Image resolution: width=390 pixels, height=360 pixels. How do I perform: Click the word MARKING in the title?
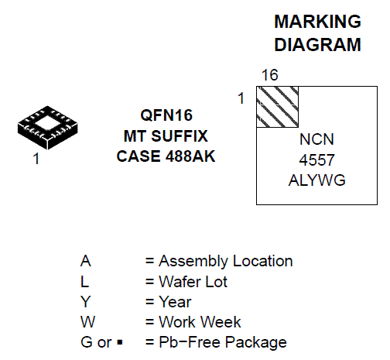pos(317,22)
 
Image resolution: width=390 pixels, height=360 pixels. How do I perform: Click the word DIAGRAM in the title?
pos(317,45)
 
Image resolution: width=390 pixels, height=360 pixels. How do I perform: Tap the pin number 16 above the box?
pos(270,75)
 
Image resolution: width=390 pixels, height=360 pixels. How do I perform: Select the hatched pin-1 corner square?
pos(278,107)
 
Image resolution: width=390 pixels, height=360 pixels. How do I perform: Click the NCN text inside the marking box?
pos(316,139)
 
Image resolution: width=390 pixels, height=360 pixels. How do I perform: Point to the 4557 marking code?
pos(316,160)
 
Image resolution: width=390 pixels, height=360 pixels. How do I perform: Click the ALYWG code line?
pos(316,180)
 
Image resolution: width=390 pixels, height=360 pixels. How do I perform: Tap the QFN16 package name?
pos(166,115)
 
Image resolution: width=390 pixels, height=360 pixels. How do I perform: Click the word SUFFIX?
pos(180,136)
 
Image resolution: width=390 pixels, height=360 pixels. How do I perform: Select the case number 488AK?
pos(190,156)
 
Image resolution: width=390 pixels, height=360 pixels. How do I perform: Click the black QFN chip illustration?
pos(48,128)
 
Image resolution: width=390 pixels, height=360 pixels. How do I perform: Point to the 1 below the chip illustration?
pos(36,159)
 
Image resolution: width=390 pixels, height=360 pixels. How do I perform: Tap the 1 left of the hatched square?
pos(241,98)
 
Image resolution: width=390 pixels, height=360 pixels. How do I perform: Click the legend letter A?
pos(86,261)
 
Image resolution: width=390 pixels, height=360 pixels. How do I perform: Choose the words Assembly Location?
pos(226,261)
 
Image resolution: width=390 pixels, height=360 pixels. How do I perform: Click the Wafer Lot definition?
pos(193,282)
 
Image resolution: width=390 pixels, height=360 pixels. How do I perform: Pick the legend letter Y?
pos(85,302)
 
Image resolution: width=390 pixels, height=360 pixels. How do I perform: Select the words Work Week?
pos(200,322)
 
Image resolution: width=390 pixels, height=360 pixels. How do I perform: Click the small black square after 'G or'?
pos(120,343)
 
